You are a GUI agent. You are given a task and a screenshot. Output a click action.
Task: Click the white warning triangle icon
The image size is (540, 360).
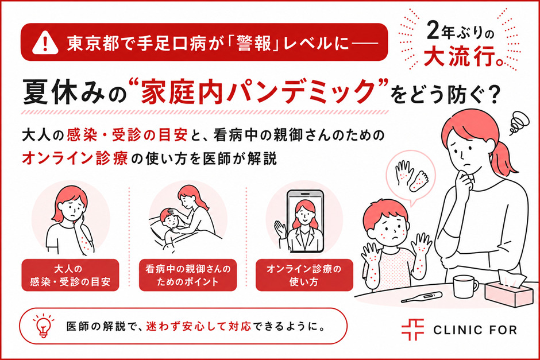coord(45,43)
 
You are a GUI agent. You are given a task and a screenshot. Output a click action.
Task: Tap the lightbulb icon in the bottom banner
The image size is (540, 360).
coord(44,326)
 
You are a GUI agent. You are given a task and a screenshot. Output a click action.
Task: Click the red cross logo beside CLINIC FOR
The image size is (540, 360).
coord(412,330)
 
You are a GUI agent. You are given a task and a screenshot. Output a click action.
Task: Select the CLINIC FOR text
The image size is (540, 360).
coord(475,330)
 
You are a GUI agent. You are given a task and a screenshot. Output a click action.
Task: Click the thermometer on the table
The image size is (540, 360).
coord(422,297)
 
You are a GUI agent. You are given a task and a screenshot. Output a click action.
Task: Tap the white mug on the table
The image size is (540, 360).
coord(465,286)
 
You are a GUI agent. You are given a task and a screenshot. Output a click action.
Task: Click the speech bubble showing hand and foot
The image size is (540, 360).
coord(411,176)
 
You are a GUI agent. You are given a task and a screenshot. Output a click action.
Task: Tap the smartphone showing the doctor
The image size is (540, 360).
coord(305,221)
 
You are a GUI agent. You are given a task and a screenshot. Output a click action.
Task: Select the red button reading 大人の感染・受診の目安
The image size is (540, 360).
coord(70,275)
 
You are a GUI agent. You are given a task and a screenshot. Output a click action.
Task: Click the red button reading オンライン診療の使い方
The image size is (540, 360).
coord(304,275)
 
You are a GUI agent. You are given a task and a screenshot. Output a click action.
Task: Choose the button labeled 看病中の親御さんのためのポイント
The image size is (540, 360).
coord(188,275)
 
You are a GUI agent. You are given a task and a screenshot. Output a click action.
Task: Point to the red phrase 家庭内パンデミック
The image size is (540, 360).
coord(256,91)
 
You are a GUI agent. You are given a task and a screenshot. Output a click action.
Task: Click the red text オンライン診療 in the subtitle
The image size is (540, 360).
coord(75,158)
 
